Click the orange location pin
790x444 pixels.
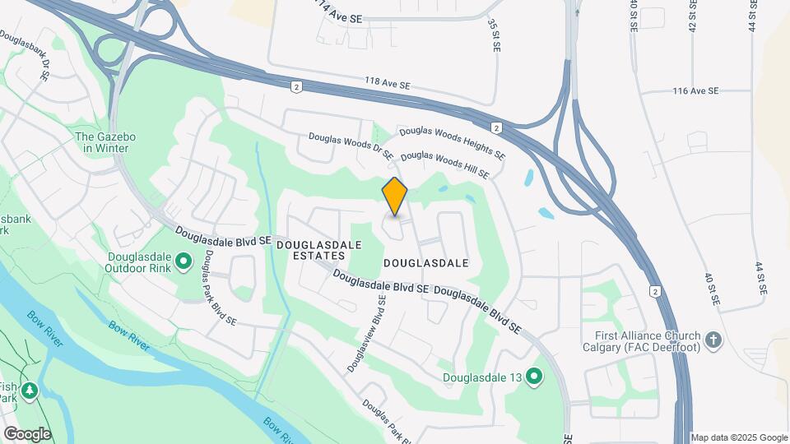pos(395,197)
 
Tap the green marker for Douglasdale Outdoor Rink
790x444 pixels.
pos(184,262)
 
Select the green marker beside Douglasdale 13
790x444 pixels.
pos(535,377)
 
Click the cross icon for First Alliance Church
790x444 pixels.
pos(713,337)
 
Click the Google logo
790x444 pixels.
pos(26,433)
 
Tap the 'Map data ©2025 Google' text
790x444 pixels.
pos(738,437)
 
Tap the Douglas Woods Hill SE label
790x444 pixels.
pos(445,164)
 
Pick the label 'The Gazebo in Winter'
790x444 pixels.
pos(101,142)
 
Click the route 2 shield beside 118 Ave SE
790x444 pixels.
pos(295,86)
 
